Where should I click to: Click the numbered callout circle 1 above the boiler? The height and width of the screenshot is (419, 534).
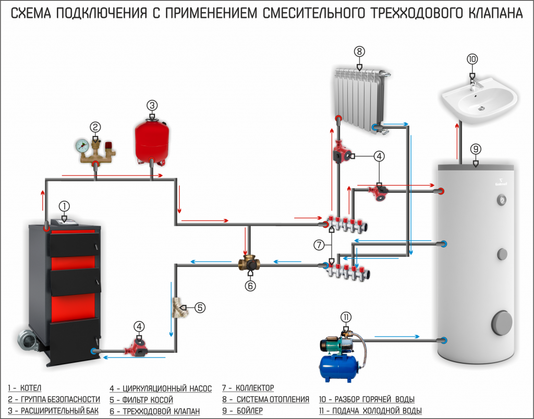[64, 206]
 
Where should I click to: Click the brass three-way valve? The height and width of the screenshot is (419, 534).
[250, 262]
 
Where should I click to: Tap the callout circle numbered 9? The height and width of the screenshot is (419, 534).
[475, 149]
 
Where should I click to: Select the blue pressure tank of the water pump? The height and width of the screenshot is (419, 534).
[340, 365]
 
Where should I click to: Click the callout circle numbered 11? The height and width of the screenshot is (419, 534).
[346, 317]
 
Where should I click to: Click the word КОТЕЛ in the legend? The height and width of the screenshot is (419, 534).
[32, 388]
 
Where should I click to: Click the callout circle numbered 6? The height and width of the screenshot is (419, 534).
[251, 286]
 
